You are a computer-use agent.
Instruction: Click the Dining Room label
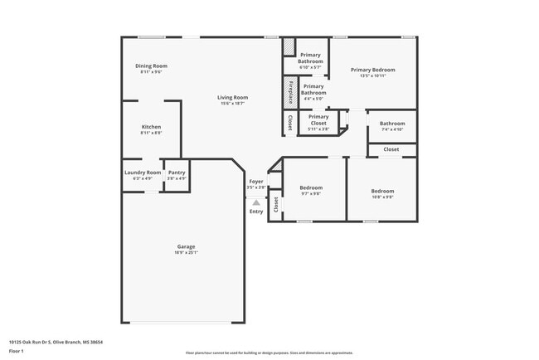tap(152, 66)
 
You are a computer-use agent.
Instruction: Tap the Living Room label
tap(234, 97)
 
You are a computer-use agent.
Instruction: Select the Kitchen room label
tap(151, 127)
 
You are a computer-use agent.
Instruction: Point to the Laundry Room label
tap(143, 173)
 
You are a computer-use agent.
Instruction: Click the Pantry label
tap(177, 173)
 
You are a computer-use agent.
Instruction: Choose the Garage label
tap(186, 246)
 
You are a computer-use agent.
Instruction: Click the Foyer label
tap(256, 181)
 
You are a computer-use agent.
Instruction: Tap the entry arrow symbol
tap(256, 202)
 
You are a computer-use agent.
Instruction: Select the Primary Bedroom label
tap(372, 71)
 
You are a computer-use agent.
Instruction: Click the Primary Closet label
tap(318, 117)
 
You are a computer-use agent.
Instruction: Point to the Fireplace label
tap(289, 90)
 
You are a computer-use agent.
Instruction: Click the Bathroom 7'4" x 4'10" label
tap(392, 124)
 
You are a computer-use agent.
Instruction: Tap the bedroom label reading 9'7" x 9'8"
tap(311, 188)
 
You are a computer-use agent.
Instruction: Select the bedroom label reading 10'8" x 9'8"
tap(382, 192)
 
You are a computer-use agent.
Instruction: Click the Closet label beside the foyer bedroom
tap(276, 204)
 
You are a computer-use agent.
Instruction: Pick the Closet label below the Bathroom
tap(391, 149)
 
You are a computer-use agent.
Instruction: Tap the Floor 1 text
tap(17, 351)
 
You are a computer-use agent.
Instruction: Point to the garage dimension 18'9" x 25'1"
tap(186, 252)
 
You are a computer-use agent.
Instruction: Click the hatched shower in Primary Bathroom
tap(289, 47)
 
